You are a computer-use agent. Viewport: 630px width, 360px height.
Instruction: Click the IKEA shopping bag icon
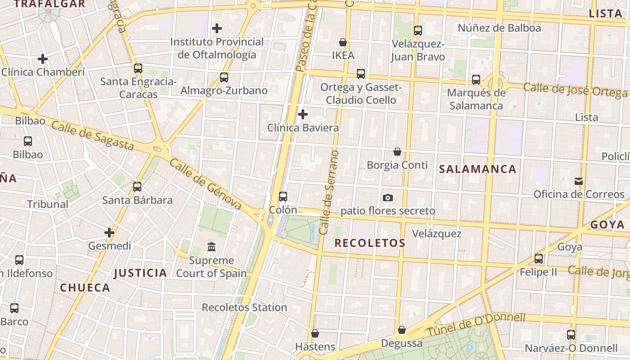point(343,42)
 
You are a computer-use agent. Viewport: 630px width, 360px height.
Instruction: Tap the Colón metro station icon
point(283,196)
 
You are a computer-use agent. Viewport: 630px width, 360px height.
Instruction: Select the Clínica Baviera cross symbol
point(303,114)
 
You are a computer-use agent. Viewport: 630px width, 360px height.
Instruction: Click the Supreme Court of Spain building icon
point(211,247)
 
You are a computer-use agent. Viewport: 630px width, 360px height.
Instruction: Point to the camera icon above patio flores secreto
point(387,198)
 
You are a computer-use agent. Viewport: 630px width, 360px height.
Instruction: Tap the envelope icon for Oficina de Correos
point(579,181)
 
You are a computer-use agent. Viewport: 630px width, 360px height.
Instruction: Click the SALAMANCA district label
point(477,169)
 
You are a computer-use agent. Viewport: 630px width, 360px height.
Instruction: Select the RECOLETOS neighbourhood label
point(370,243)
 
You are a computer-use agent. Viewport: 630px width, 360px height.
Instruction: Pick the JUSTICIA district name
point(140,273)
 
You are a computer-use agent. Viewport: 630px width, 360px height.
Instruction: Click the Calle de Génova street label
point(205,184)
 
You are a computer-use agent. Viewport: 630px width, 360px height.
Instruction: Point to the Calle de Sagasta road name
point(93,136)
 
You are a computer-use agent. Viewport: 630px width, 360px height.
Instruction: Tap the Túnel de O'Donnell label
point(476,325)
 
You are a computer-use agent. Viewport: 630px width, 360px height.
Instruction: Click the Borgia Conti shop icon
point(397,152)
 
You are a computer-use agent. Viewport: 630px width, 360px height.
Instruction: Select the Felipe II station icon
point(539,259)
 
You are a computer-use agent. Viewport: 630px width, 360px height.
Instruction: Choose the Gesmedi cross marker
point(109,233)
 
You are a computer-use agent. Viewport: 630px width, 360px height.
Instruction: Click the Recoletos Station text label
point(244,307)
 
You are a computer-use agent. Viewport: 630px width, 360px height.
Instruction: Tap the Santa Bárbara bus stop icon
point(137,186)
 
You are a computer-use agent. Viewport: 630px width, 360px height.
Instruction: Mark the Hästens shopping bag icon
point(315,333)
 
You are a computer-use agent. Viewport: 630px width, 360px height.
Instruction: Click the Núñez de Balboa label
point(499,28)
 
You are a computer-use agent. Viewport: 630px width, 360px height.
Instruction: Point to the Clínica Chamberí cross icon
point(43,59)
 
